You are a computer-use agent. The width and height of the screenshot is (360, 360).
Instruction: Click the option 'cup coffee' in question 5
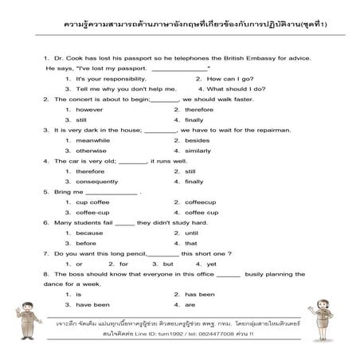coord(92,202)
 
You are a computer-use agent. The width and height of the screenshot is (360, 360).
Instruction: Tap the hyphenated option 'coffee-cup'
coord(92,213)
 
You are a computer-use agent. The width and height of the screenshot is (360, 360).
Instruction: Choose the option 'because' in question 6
coord(89,233)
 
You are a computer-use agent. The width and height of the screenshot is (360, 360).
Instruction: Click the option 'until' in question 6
coord(190,233)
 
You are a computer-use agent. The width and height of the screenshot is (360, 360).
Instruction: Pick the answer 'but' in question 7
coord(168,264)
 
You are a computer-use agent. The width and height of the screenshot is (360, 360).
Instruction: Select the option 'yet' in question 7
coord(211,264)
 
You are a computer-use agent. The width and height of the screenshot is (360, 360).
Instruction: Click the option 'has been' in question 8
coord(200,295)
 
